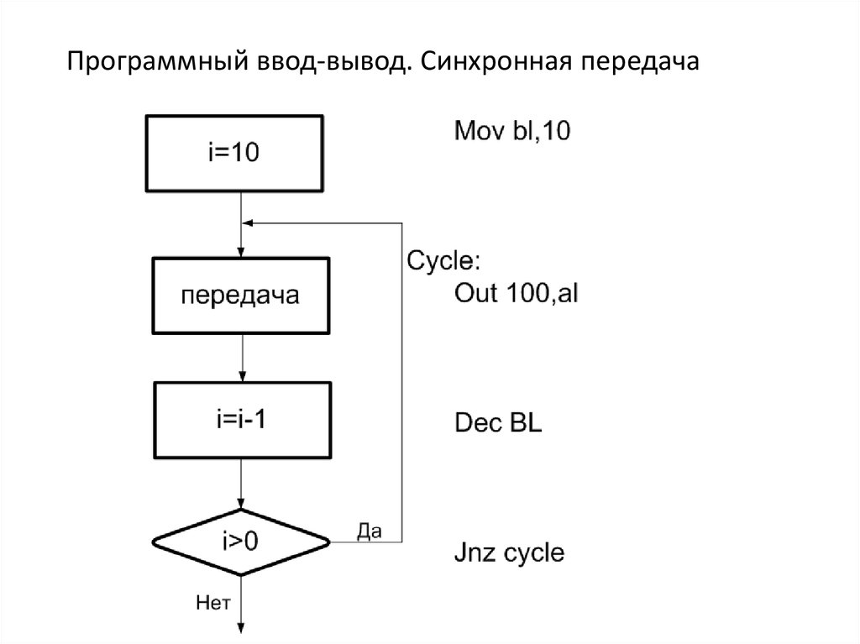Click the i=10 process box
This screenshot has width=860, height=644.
(x=234, y=153)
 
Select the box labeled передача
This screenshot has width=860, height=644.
(x=240, y=296)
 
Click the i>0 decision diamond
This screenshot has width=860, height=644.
(x=241, y=542)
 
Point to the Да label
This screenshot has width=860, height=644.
(x=370, y=531)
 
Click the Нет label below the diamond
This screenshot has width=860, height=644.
(x=212, y=601)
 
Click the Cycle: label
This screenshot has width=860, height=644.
(x=443, y=260)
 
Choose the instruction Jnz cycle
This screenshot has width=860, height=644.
(x=509, y=552)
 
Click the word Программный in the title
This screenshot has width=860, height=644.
(x=155, y=63)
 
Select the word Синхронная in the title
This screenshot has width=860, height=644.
(x=494, y=63)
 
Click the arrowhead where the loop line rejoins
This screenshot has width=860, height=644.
(x=247, y=223)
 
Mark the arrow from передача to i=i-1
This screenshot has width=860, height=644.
(x=241, y=356)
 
